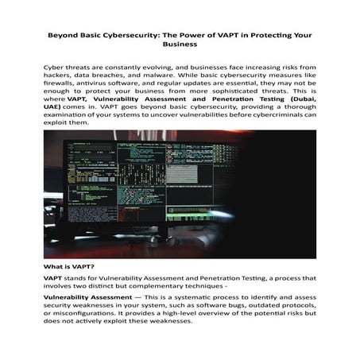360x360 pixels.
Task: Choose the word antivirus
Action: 106,90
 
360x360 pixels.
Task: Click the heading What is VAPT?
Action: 71,267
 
